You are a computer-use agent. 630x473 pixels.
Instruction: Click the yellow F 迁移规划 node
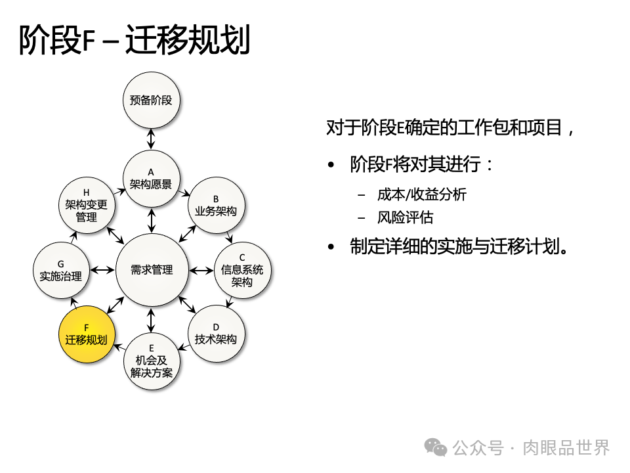pos(87,334)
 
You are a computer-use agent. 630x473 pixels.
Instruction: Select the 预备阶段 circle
pos(152,101)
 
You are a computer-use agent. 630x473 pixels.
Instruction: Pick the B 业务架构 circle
pos(216,205)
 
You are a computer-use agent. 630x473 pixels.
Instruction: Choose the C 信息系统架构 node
pos(242,270)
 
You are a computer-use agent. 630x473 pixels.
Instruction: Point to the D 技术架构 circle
pos(216,334)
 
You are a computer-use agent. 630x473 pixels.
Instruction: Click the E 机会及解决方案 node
pos(152,361)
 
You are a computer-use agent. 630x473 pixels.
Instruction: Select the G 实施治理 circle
pos(60,270)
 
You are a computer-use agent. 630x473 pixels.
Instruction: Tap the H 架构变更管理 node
pos(87,205)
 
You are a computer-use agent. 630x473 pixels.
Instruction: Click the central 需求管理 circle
pos(152,270)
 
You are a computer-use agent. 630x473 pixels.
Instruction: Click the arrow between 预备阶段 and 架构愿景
pos(152,139)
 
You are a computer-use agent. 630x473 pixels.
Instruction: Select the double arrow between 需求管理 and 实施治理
pos(102,270)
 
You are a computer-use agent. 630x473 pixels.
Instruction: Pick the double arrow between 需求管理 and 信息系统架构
pos(200,270)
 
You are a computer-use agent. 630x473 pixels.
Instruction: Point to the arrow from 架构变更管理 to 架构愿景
pos(119,191)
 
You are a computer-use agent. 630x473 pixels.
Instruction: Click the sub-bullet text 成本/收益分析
pos(421,194)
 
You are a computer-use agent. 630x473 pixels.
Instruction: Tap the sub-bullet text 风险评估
pos(405,218)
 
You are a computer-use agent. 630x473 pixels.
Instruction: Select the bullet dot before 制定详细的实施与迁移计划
pos(332,248)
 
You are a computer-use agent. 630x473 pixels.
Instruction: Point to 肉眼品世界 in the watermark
pos(566,447)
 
